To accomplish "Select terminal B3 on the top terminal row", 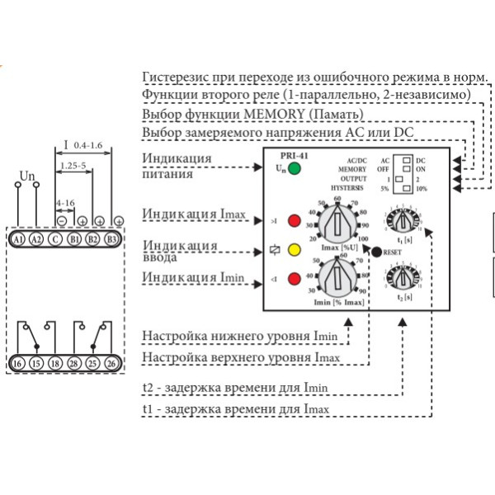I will [111, 239].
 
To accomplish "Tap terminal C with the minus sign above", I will [54, 239].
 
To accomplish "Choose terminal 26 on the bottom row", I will [111, 363].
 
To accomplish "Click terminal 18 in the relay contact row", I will [54, 363].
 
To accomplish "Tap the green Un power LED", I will [294, 170].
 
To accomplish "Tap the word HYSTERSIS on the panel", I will [348, 187].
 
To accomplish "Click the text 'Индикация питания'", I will [177, 166].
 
